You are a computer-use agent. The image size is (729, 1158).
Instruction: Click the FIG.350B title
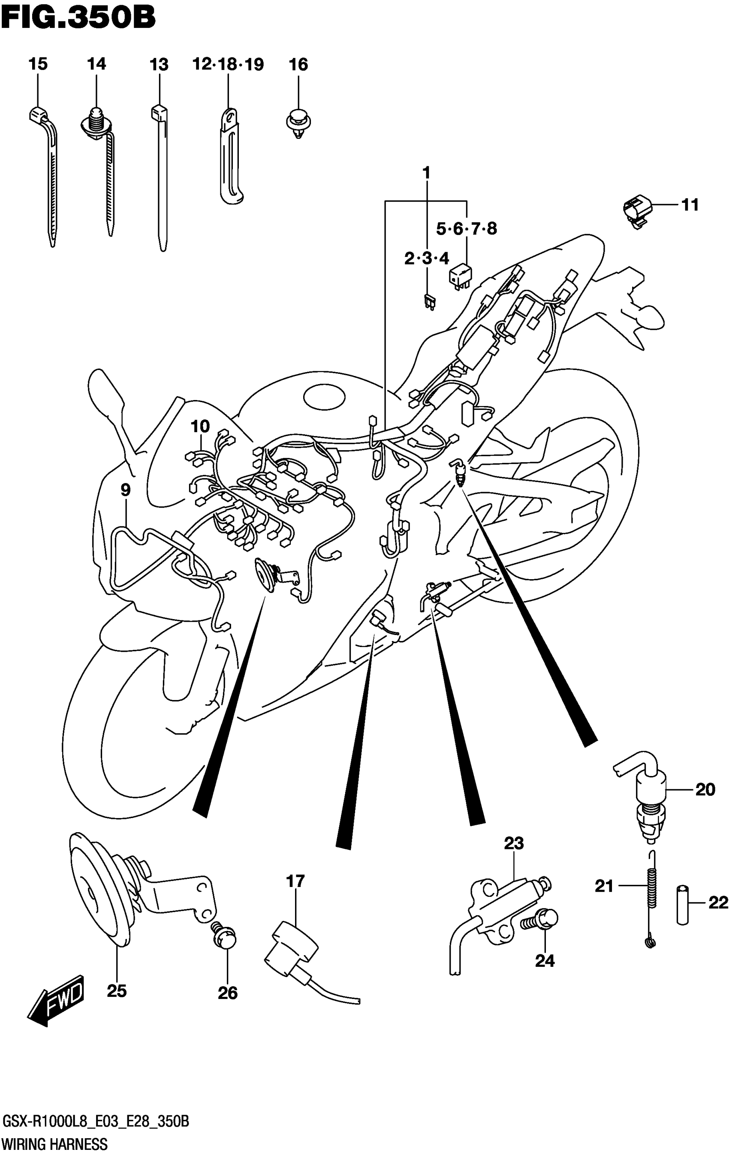[x=78, y=18]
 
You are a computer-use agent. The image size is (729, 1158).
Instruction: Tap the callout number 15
[x=38, y=64]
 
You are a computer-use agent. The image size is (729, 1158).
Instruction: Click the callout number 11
[x=690, y=205]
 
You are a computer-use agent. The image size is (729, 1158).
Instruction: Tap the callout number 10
[x=200, y=426]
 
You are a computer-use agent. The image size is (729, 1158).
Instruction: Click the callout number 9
[x=125, y=490]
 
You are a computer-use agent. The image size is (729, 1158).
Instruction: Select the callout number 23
[x=513, y=843]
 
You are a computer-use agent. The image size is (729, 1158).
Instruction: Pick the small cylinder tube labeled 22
[x=683, y=904]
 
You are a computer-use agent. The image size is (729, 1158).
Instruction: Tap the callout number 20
[x=705, y=790]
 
